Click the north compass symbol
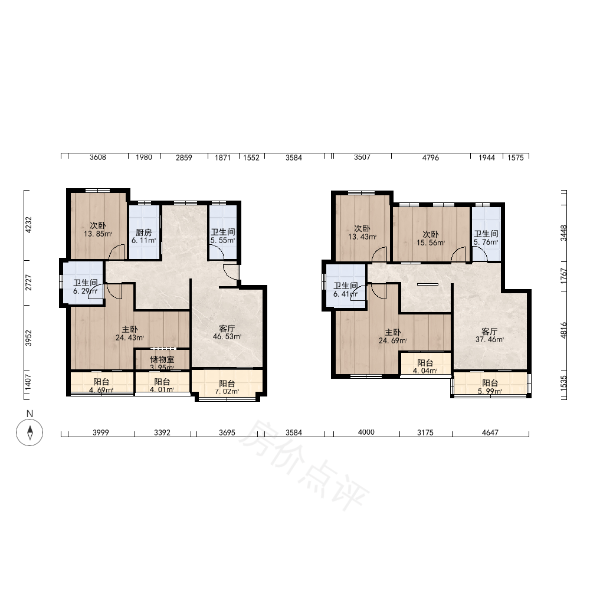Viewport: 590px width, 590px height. pyautogui.click(x=29, y=432)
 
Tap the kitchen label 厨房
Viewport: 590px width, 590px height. pyautogui.click(x=144, y=233)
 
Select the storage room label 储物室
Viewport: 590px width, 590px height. pyautogui.click(x=162, y=360)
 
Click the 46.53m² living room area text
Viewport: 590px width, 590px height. pyautogui.click(x=227, y=337)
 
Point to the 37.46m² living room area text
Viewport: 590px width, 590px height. pyautogui.click(x=490, y=339)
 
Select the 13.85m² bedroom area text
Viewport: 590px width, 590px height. pyautogui.click(x=98, y=234)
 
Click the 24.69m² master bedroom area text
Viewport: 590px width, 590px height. pyautogui.click(x=393, y=341)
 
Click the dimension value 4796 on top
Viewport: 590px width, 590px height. pyautogui.click(x=431, y=158)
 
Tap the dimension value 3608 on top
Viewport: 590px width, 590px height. pyautogui.click(x=98, y=158)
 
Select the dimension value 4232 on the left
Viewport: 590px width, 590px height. pyautogui.click(x=28, y=225)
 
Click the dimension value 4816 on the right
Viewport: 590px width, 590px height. pyautogui.click(x=563, y=330)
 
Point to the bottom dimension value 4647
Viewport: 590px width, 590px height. pyautogui.click(x=490, y=432)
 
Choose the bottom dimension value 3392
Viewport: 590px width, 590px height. pyautogui.click(x=162, y=432)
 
